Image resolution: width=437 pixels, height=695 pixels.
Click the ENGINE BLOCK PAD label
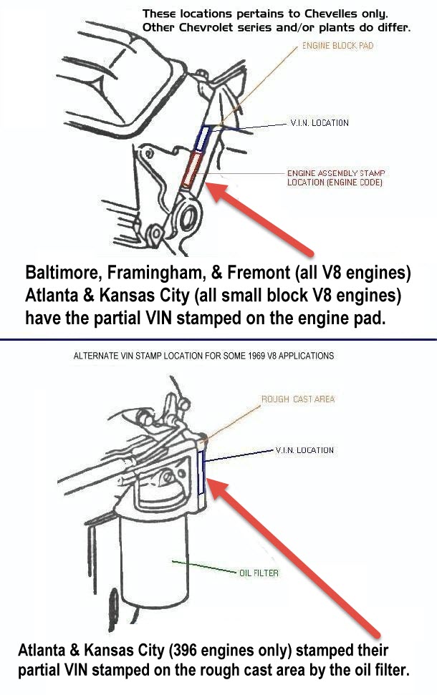point(337,46)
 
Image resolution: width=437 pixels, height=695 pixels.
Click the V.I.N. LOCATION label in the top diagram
point(320,123)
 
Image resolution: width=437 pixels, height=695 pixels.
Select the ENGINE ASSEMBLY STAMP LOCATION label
point(336,178)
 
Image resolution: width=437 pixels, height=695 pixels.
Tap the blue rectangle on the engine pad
point(202,138)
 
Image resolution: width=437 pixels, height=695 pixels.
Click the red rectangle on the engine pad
point(191,170)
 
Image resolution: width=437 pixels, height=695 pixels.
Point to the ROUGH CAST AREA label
point(298,399)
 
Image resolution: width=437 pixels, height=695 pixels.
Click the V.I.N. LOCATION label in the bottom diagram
point(304,450)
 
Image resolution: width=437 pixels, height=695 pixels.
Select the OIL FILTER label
point(259,573)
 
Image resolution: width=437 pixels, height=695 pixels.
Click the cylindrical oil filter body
point(155,563)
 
